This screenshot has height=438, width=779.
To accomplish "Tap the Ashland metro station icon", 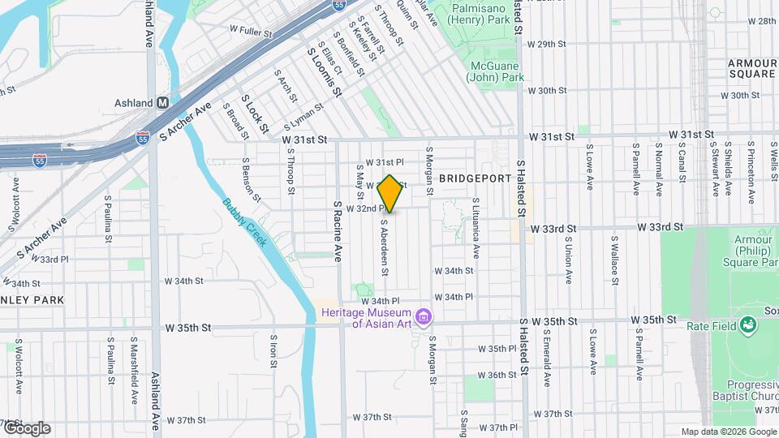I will [162, 103].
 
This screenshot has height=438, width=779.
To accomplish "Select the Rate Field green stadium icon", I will [748, 326].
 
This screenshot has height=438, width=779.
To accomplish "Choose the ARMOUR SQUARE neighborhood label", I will [752, 68].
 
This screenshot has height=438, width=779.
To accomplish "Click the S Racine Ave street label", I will [338, 230].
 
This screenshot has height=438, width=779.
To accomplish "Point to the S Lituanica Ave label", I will [476, 227].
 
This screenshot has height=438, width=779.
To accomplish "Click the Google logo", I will [26, 427].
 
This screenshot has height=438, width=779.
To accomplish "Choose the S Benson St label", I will [252, 180].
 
